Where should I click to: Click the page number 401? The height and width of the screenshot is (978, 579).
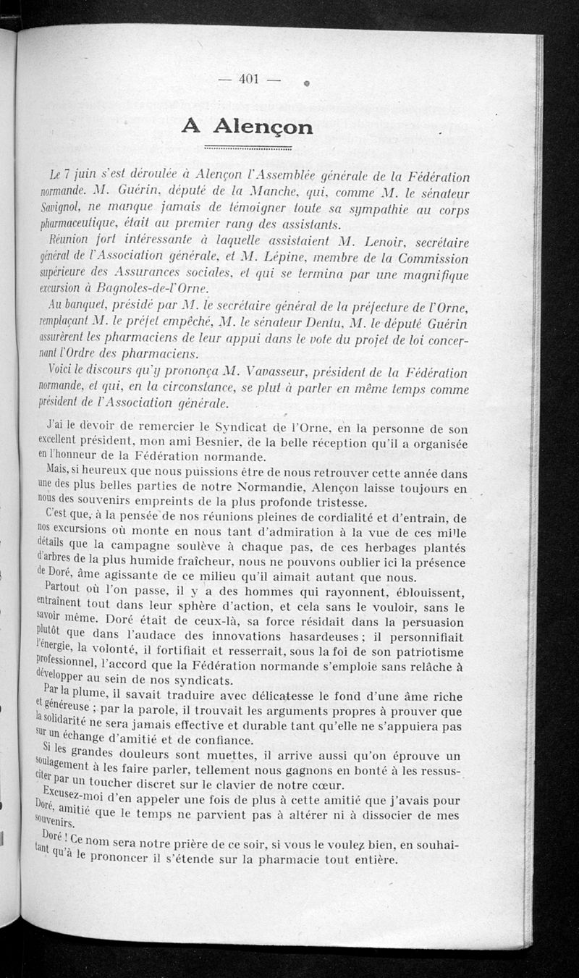click(x=248, y=80)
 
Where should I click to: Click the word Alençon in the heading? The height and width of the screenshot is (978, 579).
click(x=263, y=127)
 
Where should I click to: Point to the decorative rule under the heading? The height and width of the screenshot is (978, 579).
click(x=248, y=149)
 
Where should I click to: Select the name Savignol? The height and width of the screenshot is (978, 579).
click(x=64, y=209)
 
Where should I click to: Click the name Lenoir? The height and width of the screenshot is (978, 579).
click(x=393, y=242)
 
